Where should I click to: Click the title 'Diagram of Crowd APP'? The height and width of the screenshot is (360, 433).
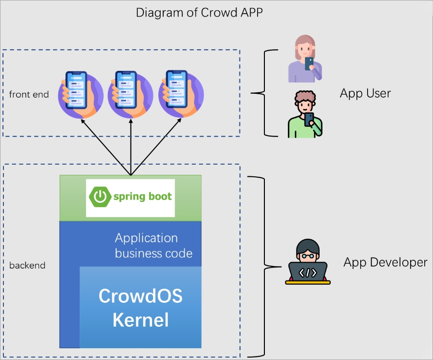[199, 12]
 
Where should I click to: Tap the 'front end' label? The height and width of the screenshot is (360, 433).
[29, 94]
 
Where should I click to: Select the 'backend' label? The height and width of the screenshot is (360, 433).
[27, 266]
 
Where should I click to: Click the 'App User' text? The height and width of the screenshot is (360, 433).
[365, 93]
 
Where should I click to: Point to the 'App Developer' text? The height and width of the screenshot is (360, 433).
[385, 262]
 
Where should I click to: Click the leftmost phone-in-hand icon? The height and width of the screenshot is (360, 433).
[80, 94]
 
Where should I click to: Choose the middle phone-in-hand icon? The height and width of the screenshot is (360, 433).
[130, 94]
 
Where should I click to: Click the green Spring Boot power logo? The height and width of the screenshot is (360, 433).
[99, 197]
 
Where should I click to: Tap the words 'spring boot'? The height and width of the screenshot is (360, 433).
[142, 197]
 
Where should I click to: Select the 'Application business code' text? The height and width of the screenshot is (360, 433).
[153, 246]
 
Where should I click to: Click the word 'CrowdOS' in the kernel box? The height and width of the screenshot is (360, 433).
[140, 296]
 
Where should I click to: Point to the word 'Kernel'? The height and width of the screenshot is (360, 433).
[140, 320]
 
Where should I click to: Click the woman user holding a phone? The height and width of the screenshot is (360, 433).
[305, 59]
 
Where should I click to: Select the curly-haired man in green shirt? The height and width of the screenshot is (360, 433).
[305, 115]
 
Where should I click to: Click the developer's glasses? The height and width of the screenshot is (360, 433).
[307, 255]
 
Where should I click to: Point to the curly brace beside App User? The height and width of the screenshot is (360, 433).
[261, 92]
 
